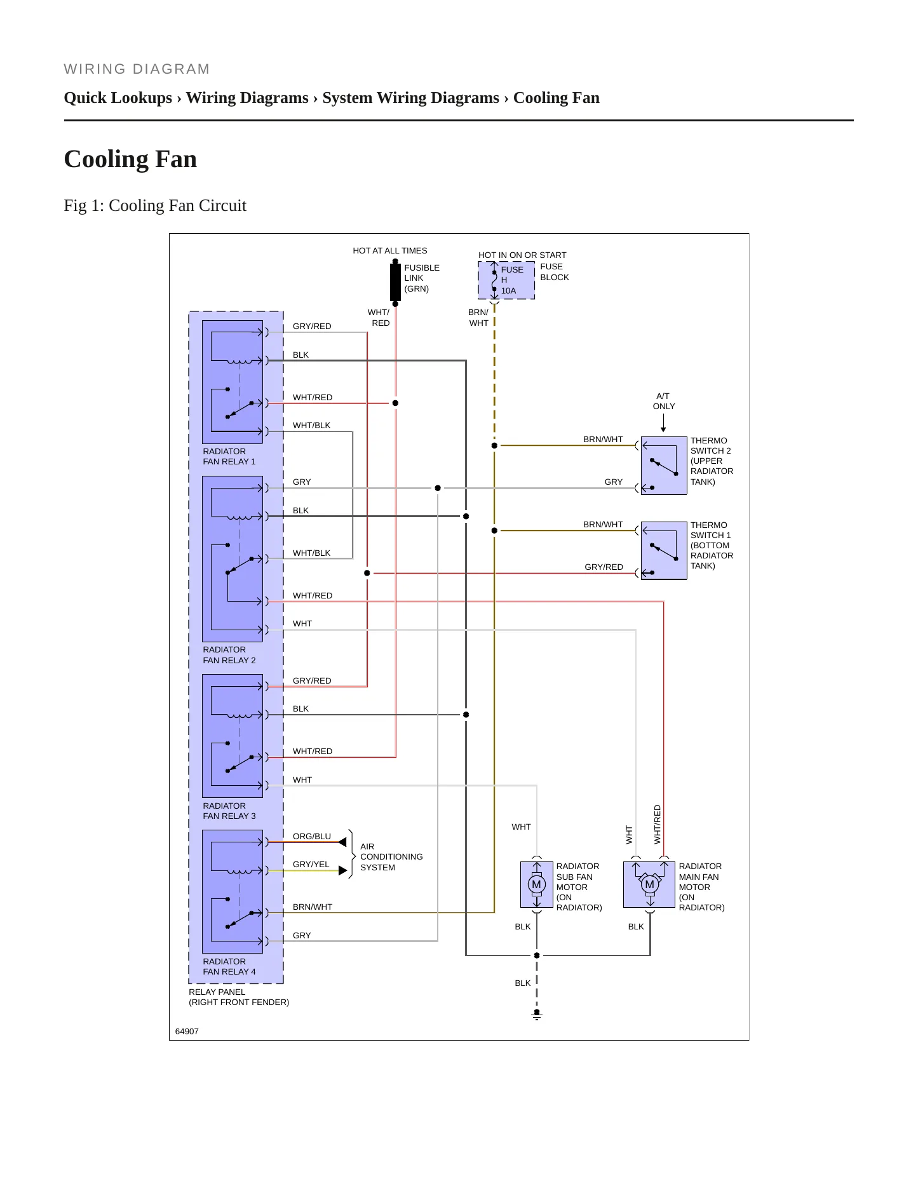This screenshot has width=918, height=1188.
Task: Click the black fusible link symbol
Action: click(x=395, y=282)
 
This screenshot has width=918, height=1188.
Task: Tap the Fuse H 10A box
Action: click(x=506, y=280)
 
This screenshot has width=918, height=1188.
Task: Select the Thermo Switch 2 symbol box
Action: click(x=664, y=466)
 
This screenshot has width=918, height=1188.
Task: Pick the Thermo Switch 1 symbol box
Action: click(x=664, y=551)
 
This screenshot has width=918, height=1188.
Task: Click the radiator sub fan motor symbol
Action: click(x=537, y=884)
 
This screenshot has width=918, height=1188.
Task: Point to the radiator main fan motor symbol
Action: click(x=649, y=884)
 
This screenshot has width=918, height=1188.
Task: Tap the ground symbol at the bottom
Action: click(x=537, y=1015)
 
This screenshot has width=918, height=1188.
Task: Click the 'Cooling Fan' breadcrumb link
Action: click(x=557, y=98)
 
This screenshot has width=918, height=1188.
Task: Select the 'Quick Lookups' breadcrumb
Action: click(x=118, y=98)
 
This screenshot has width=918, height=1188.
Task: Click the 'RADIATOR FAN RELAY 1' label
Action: click(x=229, y=456)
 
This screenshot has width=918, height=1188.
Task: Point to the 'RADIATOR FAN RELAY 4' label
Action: click(x=229, y=966)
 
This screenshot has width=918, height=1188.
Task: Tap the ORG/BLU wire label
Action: click(x=312, y=836)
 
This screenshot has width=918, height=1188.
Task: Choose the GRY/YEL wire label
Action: click(x=311, y=864)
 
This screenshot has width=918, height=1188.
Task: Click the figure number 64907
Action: click(x=187, y=1031)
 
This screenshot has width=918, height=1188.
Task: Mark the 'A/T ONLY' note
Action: click(x=664, y=401)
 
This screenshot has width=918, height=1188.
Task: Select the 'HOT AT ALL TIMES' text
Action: click(x=390, y=250)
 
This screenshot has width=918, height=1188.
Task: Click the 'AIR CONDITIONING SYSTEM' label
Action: click(x=391, y=856)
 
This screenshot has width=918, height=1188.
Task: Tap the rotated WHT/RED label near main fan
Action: click(x=658, y=825)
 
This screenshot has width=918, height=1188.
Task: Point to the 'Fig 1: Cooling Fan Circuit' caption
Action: click(x=155, y=205)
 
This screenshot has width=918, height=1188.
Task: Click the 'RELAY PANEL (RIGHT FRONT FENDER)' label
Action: click(x=239, y=997)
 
